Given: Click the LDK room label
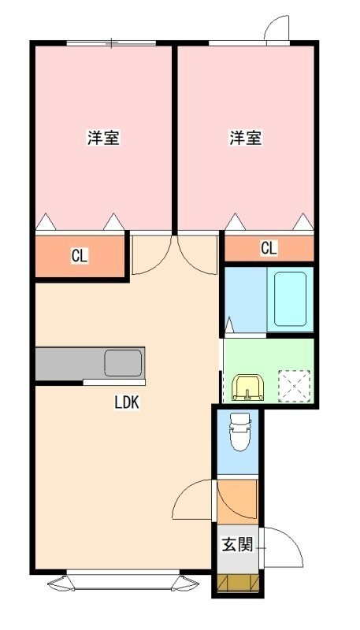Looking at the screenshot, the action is (127, 402).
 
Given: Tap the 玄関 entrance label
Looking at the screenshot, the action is (237, 545).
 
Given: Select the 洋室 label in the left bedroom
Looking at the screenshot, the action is (104, 138).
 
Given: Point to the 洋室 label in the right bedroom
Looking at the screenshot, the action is (246, 138).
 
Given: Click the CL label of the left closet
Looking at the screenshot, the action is (80, 256).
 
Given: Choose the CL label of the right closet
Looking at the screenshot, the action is (269, 249).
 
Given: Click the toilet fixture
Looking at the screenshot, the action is (239, 432).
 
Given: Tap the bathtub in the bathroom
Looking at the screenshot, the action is (290, 299).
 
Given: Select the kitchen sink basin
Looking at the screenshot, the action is (123, 363).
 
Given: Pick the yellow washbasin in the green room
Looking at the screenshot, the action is (248, 387).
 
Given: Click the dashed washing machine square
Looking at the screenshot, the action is (295, 386).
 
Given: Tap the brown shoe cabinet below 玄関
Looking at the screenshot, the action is (238, 584).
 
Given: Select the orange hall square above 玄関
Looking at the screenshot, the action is (237, 502).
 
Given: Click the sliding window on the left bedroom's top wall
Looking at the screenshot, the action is (111, 43).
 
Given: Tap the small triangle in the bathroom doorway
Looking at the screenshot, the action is (229, 324).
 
